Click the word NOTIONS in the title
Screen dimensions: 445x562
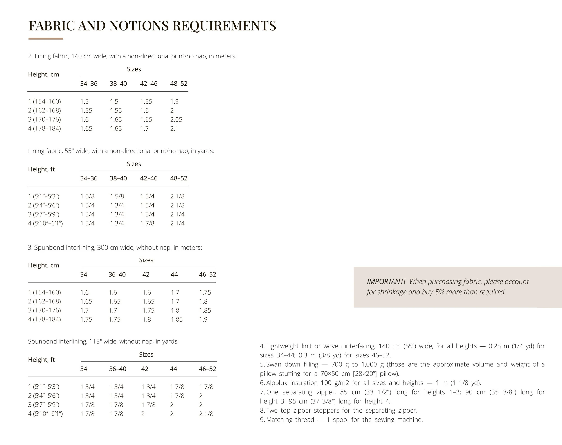point(139,26)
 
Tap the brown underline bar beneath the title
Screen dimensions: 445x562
point(46,39)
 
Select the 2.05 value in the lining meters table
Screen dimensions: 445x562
point(176,120)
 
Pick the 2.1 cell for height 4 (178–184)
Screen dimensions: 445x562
point(174,128)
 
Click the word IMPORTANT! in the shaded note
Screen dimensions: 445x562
point(386,282)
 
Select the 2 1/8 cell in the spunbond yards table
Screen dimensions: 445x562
point(206,414)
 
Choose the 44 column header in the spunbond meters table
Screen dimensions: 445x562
point(174,274)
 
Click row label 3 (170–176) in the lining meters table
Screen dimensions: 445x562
point(44,120)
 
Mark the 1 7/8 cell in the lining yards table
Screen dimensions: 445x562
point(147,223)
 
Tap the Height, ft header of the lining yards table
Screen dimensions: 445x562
point(41,169)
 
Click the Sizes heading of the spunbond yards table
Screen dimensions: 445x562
point(146,354)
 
